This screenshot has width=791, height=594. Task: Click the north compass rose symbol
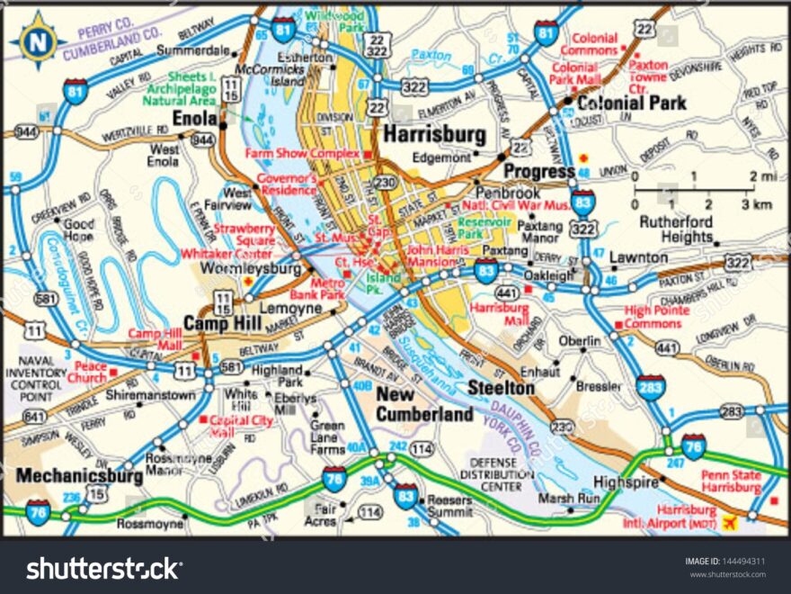pyautogui.click(x=37, y=40)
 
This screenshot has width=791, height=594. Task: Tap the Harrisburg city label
pyautogui.click(x=434, y=135)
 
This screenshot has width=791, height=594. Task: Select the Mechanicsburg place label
pyautogui.click(x=67, y=474)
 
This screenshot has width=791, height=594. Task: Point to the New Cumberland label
pyautogui.click(x=424, y=404)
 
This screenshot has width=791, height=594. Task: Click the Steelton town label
pyautogui.click(x=501, y=388)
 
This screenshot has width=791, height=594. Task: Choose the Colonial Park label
pyautogui.click(x=631, y=103)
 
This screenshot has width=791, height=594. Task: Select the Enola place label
pyautogui.click(x=195, y=118)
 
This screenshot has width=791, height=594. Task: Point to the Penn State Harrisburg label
pyautogui.click(x=731, y=481)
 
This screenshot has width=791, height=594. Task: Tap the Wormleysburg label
pyautogui.click(x=251, y=268)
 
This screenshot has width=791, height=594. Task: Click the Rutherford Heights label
pyautogui.click(x=676, y=229)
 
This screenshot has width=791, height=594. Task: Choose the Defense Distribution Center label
pyautogui.click(x=491, y=473)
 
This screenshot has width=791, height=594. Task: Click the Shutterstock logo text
pyautogui.click(x=102, y=569)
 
